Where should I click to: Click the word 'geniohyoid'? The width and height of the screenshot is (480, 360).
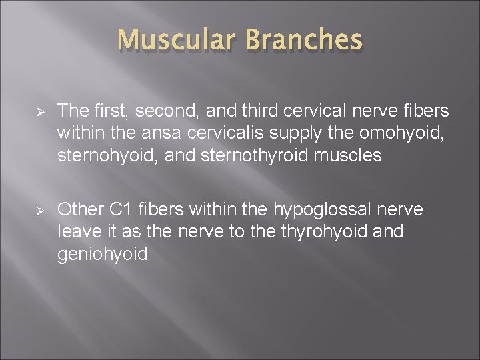click(102, 255)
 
